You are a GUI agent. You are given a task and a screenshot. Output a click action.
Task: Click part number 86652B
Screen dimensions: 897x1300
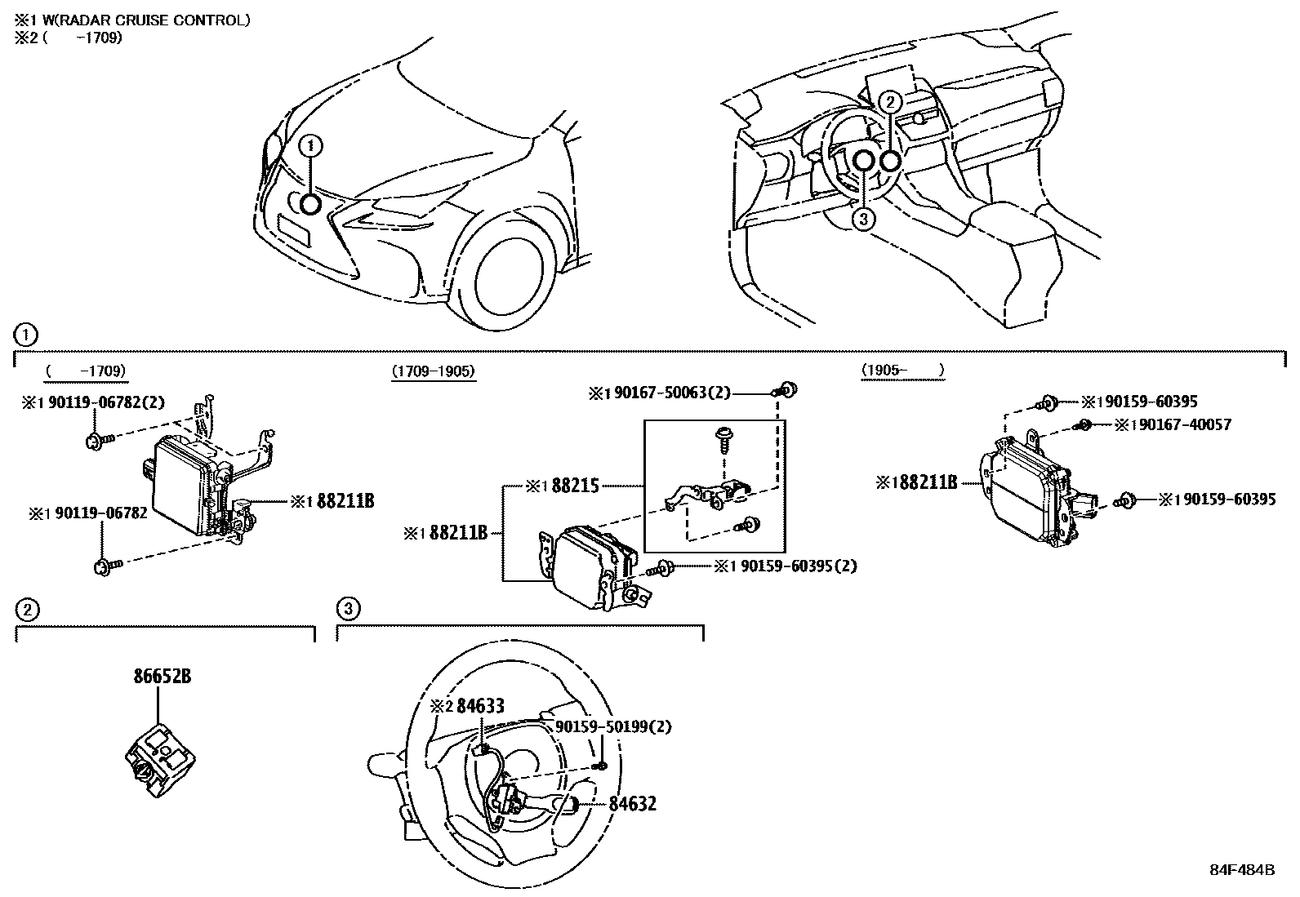(163, 677)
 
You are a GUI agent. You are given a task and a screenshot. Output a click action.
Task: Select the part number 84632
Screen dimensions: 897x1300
(632, 804)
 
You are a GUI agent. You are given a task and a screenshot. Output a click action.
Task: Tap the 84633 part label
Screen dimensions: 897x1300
(479, 706)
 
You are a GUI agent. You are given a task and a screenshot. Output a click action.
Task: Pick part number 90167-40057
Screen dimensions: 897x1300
(1182, 424)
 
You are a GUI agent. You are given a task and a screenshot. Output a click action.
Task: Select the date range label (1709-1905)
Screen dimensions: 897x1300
(433, 371)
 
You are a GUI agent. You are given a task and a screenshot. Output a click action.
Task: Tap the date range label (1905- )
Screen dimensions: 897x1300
(902, 371)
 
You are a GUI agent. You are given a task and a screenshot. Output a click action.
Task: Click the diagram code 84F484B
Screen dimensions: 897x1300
(1242, 869)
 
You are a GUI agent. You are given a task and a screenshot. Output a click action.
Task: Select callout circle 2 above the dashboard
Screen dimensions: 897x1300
(892, 102)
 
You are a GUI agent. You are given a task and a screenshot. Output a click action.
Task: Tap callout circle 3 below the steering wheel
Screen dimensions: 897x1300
(864, 219)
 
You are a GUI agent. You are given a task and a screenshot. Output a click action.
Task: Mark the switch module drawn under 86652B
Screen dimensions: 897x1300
(162, 754)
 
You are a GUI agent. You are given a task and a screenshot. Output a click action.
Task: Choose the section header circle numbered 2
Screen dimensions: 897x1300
(26, 608)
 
